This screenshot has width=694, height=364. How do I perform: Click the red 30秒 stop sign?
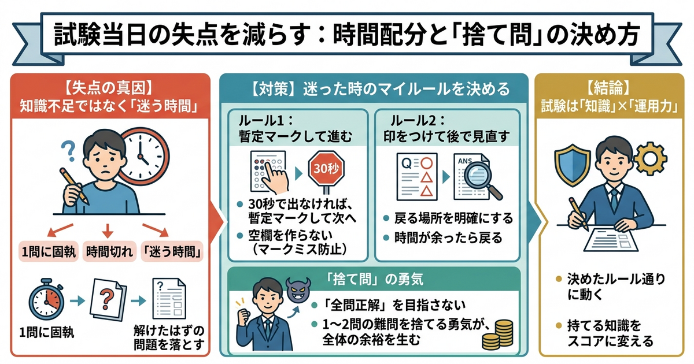point(326,169)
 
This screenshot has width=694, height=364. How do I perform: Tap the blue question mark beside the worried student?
point(69,151)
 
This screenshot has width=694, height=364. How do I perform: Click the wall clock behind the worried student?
point(143,157)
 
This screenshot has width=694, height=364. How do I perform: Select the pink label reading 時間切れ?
point(109,251)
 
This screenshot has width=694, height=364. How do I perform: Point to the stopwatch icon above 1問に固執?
point(46,299)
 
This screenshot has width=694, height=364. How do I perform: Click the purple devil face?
point(298,289)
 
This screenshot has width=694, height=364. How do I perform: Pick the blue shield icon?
point(572,165)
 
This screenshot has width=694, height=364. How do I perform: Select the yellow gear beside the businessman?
point(650,159)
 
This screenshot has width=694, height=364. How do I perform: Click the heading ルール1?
point(265,121)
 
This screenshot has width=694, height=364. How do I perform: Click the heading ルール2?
point(418,121)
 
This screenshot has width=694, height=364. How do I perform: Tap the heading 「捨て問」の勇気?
point(374,280)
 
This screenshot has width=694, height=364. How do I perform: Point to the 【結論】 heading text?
point(609,88)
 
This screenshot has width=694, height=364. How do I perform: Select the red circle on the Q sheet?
point(426,163)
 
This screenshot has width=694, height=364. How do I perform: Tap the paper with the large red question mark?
point(108,299)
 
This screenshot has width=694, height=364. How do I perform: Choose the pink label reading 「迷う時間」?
point(172,251)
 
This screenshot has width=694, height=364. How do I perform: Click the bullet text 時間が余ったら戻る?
point(448,238)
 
